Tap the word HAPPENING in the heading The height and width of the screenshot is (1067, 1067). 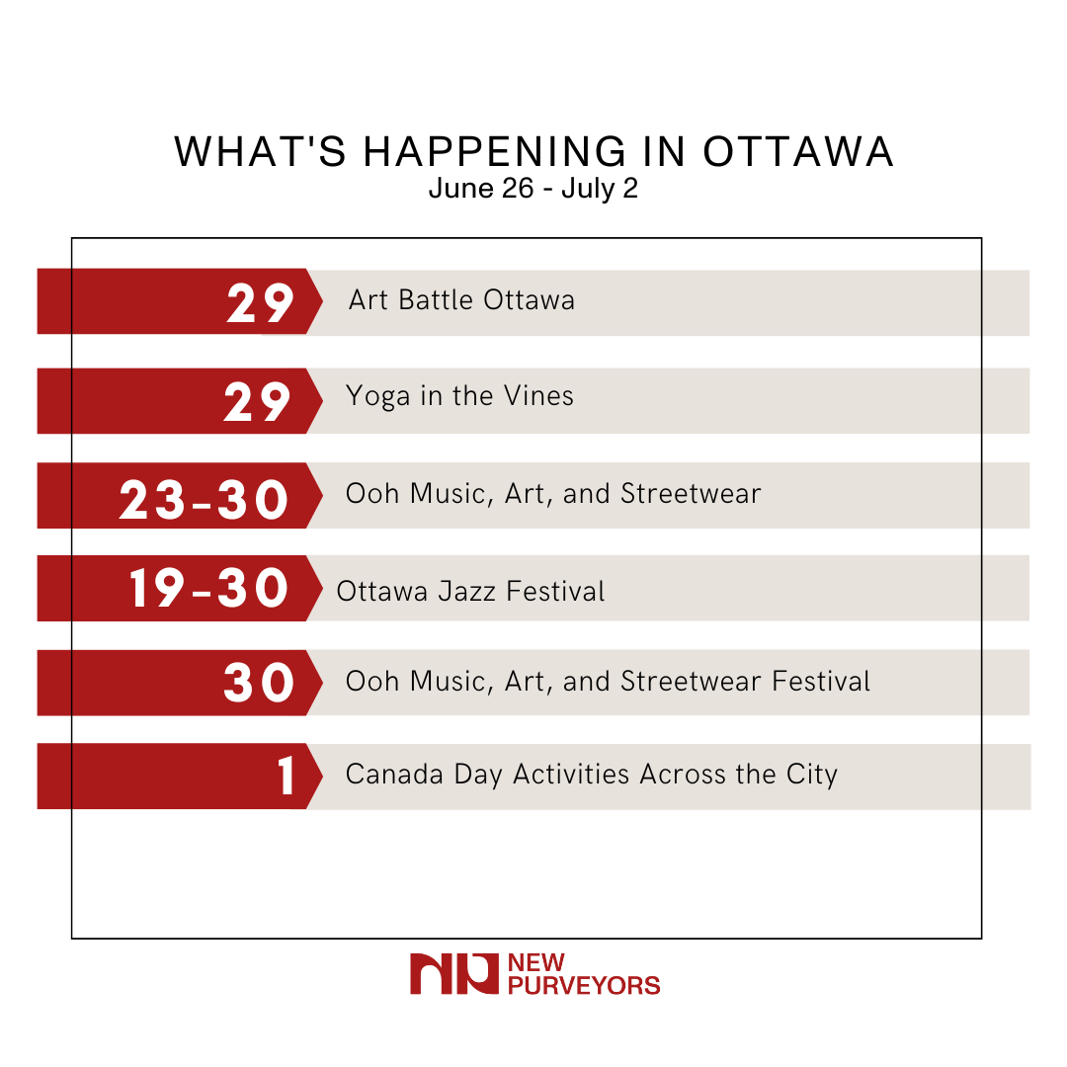pos(496,152)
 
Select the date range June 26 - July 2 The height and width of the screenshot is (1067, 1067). pos(533,188)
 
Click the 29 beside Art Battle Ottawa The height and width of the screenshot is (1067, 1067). pos(260,303)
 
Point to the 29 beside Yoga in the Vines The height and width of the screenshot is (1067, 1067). pos(258,401)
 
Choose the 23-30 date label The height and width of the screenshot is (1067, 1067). pos(205,500)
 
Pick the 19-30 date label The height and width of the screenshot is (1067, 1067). pos(208,589)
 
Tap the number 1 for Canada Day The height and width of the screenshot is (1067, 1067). pos(287,777)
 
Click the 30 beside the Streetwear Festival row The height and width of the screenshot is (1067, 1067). pos(259,683)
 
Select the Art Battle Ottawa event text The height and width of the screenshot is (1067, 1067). pos(461,299)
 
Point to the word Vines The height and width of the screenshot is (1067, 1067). pos(538,396)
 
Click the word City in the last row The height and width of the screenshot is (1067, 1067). pos(812,775)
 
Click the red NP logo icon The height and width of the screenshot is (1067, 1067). pos(453,973)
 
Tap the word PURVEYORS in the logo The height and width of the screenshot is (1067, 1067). pos(583,985)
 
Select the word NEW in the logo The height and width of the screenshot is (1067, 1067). pos(533,963)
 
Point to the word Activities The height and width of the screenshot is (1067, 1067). pos(572,774)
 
